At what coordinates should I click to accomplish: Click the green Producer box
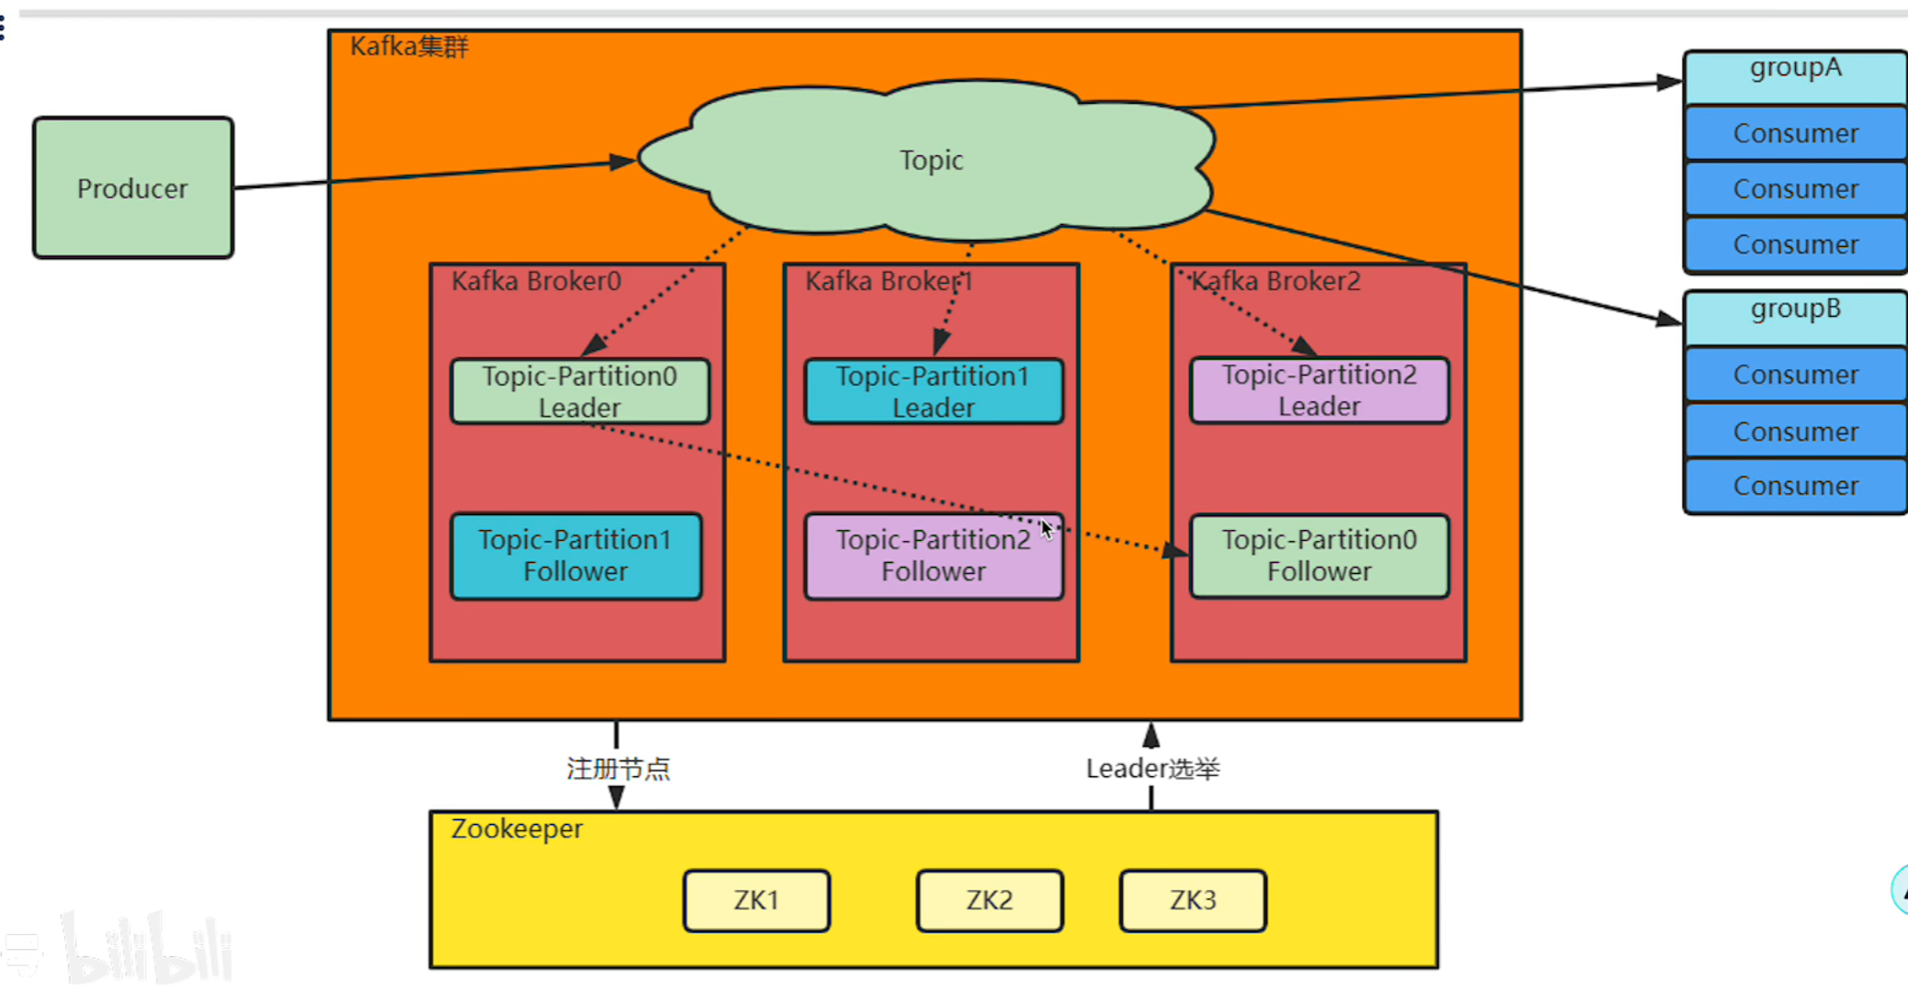pyautogui.click(x=133, y=188)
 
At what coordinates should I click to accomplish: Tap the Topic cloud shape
pyautogui.click(x=929, y=161)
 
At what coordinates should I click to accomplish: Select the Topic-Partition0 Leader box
pyautogui.click(x=579, y=391)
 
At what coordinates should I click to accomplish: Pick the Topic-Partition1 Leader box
pyautogui.click(x=933, y=391)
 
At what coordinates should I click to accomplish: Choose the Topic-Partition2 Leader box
pyautogui.click(x=1319, y=390)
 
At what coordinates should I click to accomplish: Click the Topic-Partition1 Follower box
pyautogui.click(x=576, y=556)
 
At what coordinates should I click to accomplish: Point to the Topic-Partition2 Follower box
pyautogui.click(x=933, y=556)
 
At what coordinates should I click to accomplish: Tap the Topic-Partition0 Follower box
pyautogui.click(x=1319, y=556)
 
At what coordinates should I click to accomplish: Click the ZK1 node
pyautogui.click(x=757, y=900)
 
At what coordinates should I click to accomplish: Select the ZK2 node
pyautogui.click(x=990, y=900)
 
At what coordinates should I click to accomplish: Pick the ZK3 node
pyautogui.click(x=1193, y=900)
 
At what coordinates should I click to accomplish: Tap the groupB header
pyautogui.click(x=1795, y=310)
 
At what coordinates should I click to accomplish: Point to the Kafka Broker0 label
pyautogui.click(x=536, y=281)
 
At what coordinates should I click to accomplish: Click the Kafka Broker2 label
pyautogui.click(x=1276, y=281)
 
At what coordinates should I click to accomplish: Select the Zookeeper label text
pyautogui.click(x=516, y=829)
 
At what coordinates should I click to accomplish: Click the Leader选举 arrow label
pyautogui.click(x=1152, y=769)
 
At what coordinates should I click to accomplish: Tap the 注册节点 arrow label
pyautogui.click(x=618, y=769)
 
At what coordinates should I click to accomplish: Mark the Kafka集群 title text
pyautogui.click(x=409, y=46)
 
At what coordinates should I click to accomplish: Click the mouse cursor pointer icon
pyautogui.click(x=1046, y=529)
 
